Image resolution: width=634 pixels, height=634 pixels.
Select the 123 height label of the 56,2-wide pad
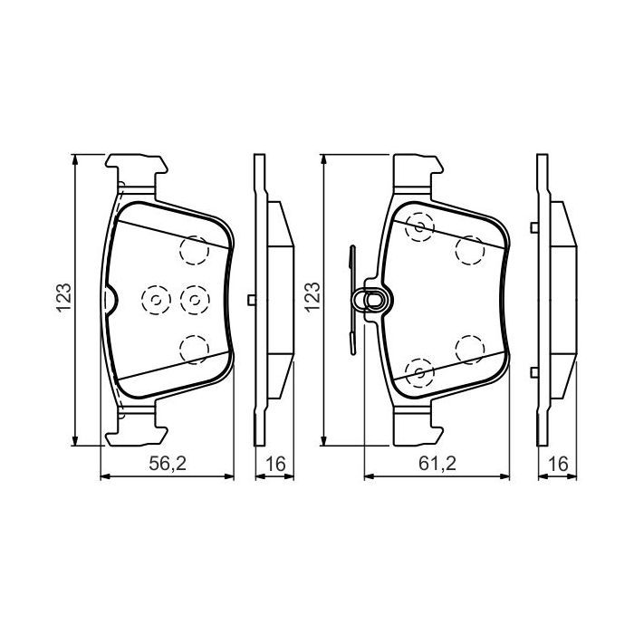64,300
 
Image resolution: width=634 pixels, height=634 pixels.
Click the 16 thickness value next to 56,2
274,465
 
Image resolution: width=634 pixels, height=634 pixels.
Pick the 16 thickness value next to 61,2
558,465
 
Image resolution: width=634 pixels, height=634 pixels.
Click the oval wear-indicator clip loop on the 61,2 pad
371,298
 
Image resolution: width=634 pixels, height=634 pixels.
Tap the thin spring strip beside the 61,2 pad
352,299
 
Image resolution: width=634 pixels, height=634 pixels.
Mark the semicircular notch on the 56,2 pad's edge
110,299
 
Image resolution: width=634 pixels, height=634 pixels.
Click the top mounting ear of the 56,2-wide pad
138,169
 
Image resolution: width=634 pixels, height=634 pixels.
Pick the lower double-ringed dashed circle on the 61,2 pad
418,370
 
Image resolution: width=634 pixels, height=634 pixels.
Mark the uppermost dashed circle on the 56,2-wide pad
194,249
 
